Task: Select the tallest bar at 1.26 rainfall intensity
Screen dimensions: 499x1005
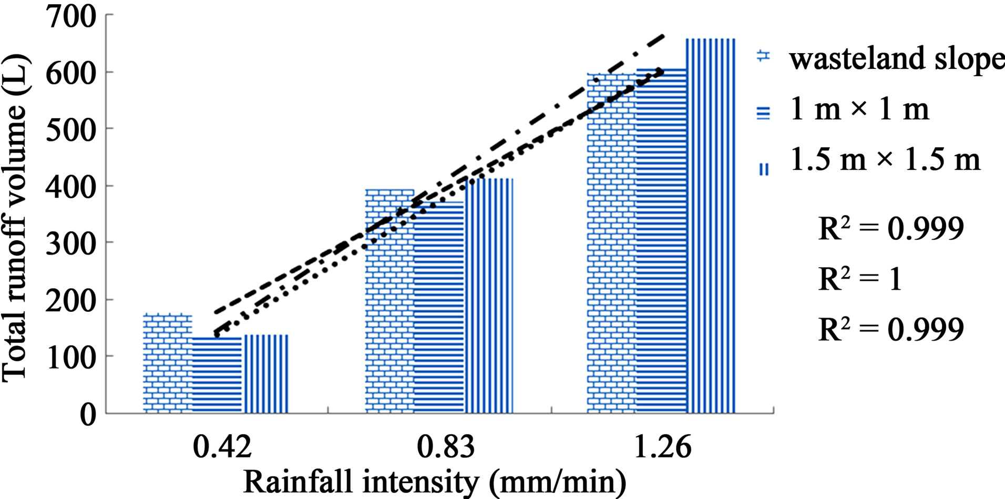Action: click(711, 226)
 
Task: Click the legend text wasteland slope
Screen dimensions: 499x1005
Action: click(897, 58)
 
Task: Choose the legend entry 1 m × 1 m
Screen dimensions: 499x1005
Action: click(859, 109)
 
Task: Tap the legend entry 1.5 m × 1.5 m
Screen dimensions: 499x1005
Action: click(885, 159)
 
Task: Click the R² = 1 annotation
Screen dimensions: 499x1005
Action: click(860, 279)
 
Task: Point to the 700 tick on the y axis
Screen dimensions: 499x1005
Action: click(70, 16)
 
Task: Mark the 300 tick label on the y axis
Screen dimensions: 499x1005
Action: click(70, 243)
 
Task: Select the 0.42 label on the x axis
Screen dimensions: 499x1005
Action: click(222, 447)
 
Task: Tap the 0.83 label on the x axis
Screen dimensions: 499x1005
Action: click(445, 447)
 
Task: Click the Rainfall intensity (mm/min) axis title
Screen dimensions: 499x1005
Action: click(435, 482)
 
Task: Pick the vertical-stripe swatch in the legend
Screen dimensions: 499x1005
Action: click(764, 169)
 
